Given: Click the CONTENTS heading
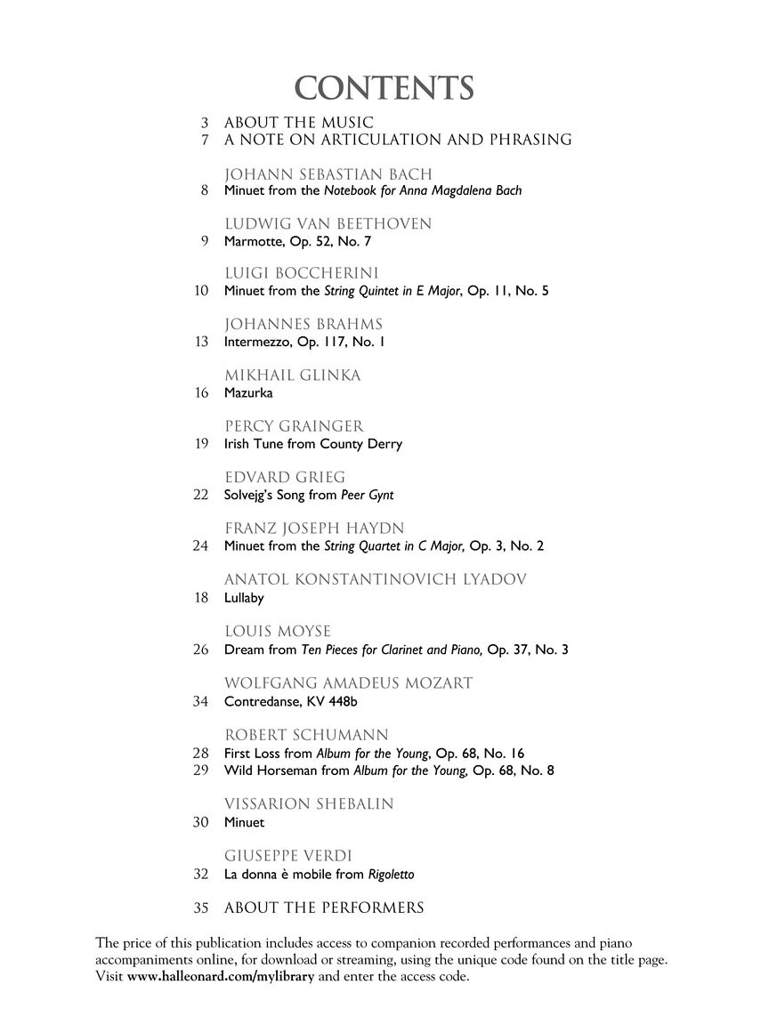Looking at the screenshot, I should pyautogui.click(x=384, y=88).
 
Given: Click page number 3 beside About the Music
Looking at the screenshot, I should pyautogui.click(x=205, y=122).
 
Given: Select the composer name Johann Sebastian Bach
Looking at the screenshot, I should pyautogui.click(x=328, y=174).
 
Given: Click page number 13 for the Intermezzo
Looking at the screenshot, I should pyautogui.click(x=200, y=342).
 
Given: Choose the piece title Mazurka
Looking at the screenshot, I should pyautogui.click(x=248, y=392).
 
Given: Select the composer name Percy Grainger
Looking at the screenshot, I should pyautogui.click(x=294, y=426).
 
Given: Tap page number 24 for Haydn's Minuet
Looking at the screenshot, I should pyautogui.click(x=200, y=546).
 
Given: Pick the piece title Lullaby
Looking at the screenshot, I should pyautogui.click(x=244, y=598).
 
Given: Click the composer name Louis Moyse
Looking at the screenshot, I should pyautogui.click(x=278, y=632).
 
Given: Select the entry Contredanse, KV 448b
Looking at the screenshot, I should pyautogui.click(x=290, y=701).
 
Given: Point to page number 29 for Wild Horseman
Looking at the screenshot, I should pyautogui.click(x=200, y=770).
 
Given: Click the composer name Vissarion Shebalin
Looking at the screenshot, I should pyautogui.click(x=309, y=803).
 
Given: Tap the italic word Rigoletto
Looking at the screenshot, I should pyautogui.click(x=391, y=874).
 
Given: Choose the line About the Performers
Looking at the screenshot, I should pyautogui.click(x=324, y=908).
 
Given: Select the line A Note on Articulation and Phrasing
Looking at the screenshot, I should pyautogui.click(x=398, y=140).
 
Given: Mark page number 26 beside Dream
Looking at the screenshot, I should pyautogui.click(x=200, y=650).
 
